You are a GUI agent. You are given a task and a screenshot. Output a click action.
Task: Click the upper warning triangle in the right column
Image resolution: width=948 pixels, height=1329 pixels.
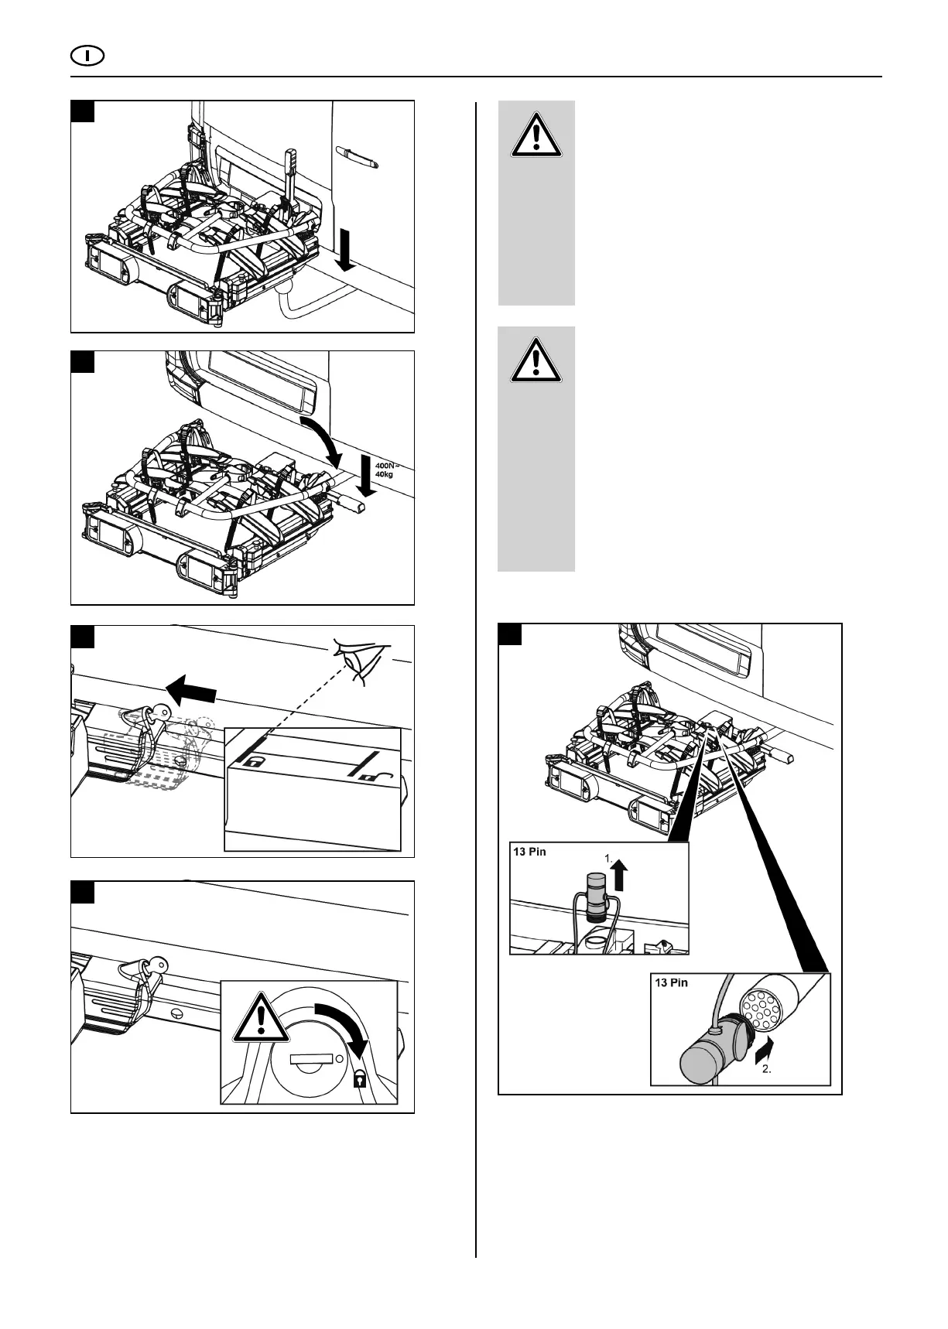[x=536, y=137]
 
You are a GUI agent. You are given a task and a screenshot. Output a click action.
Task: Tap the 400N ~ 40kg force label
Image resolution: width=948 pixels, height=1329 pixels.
[x=385, y=470]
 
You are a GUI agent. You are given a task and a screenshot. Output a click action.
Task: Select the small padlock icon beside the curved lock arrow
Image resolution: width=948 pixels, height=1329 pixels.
[x=359, y=1079]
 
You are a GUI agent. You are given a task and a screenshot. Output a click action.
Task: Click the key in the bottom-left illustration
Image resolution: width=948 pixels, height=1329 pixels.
[x=158, y=964]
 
